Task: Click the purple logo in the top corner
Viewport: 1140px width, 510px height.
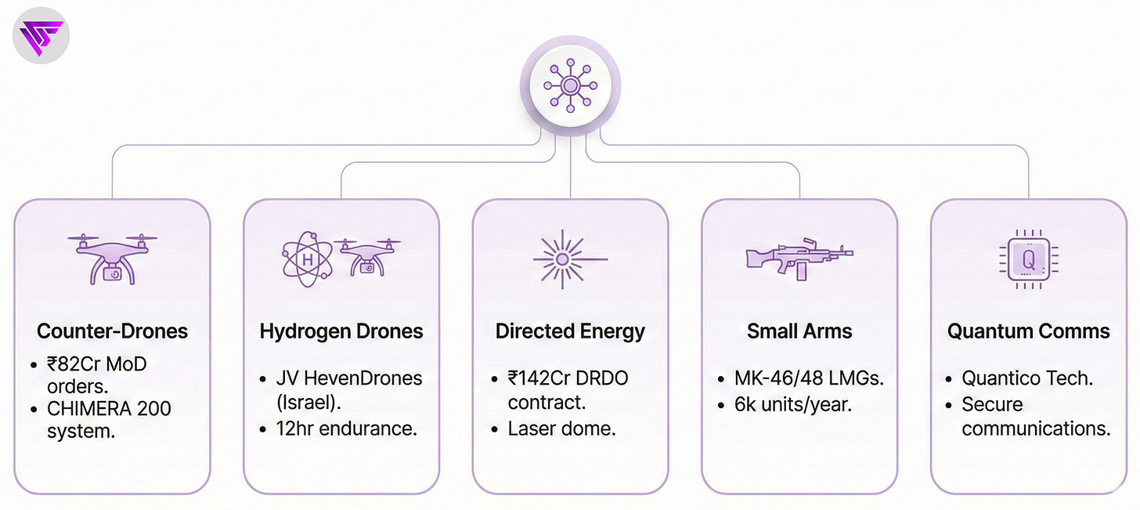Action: [x=41, y=35]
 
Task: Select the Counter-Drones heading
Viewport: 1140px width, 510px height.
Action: [x=112, y=331]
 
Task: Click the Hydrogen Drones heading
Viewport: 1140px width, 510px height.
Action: [x=341, y=331]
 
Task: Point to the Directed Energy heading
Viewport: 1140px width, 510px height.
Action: [x=570, y=331]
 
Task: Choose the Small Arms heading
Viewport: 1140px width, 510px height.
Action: [x=799, y=331]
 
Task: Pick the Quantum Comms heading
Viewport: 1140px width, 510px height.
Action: [x=1028, y=331]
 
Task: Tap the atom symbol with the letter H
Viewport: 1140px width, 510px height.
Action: [x=306, y=259]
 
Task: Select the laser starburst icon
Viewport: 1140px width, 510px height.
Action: [x=570, y=257]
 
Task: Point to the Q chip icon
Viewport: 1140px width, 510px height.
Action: [x=1028, y=258]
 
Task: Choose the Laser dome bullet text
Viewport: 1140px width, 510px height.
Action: [x=561, y=429]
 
